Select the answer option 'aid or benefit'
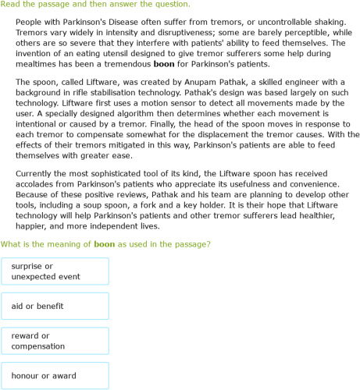click(55, 306)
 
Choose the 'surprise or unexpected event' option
click(55, 271)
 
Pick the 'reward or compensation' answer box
click(55, 341)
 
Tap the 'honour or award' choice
click(55, 376)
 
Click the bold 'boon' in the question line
click(104, 244)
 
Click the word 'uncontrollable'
click(270, 23)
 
